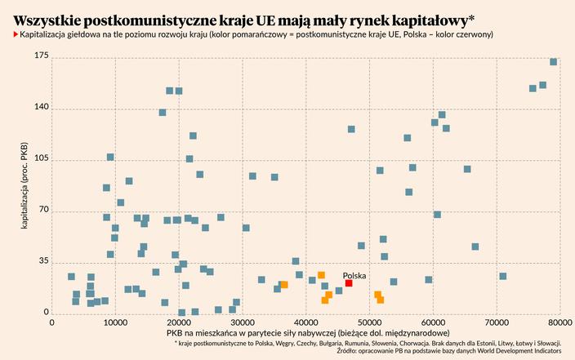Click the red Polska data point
pos(349,283)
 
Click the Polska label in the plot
pos(354,275)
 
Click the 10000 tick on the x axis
pos(115,322)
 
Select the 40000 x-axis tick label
pos(305,322)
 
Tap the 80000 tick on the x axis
pos(559,322)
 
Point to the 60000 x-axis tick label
pos(433,322)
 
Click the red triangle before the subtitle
pos(16,35)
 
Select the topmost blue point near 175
pos(554,62)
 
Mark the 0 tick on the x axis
pos(52,322)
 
